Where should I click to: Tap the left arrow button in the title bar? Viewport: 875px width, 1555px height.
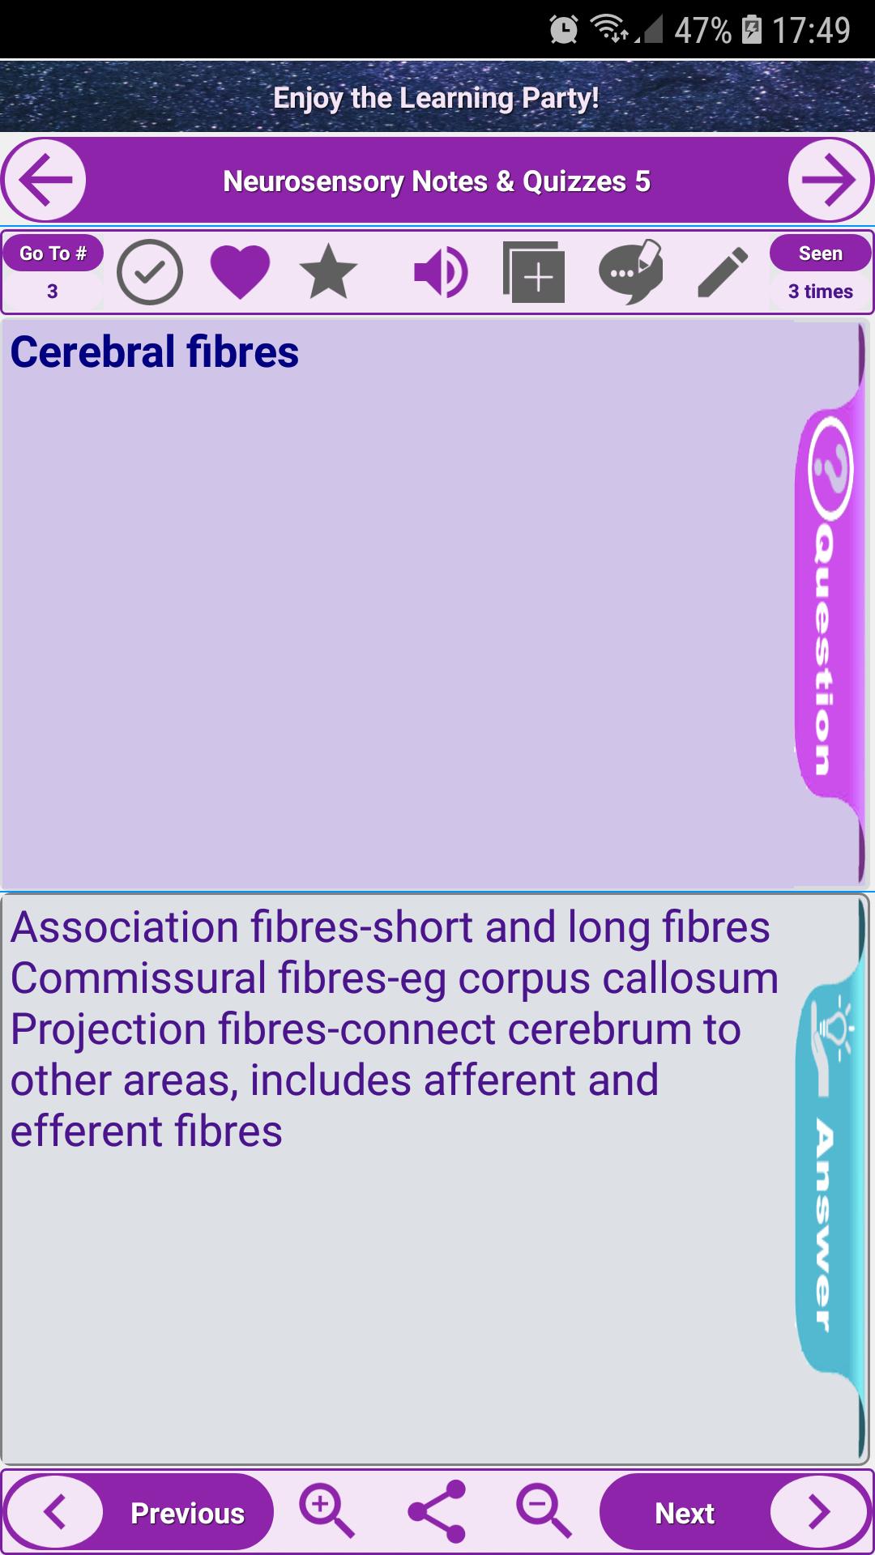(45, 180)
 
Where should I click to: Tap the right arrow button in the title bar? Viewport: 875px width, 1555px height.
(830, 180)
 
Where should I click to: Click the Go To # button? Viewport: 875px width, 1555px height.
(53, 253)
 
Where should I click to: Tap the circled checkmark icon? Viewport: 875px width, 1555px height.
(150, 272)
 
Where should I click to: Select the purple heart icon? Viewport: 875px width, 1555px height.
(240, 272)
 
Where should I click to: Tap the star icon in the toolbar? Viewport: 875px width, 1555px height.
(328, 272)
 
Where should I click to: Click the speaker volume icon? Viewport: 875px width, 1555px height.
(440, 272)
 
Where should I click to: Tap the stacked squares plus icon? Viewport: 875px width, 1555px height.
(533, 272)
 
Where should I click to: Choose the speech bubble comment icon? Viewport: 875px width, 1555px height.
(630, 272)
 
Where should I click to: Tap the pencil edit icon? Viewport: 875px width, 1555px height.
(723, 272)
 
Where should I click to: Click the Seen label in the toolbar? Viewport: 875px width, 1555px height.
(821, 253)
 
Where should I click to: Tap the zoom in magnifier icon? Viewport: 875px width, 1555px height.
(327, 1511)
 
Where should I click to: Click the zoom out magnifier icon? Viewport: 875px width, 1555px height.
(544, 1511)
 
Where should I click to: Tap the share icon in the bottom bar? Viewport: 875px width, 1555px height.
(437, 1511)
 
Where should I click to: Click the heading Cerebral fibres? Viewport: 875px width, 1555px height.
(155, 351)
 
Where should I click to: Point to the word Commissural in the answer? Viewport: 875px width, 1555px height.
(139, 978)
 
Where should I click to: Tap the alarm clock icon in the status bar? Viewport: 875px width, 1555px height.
(563, 30)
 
